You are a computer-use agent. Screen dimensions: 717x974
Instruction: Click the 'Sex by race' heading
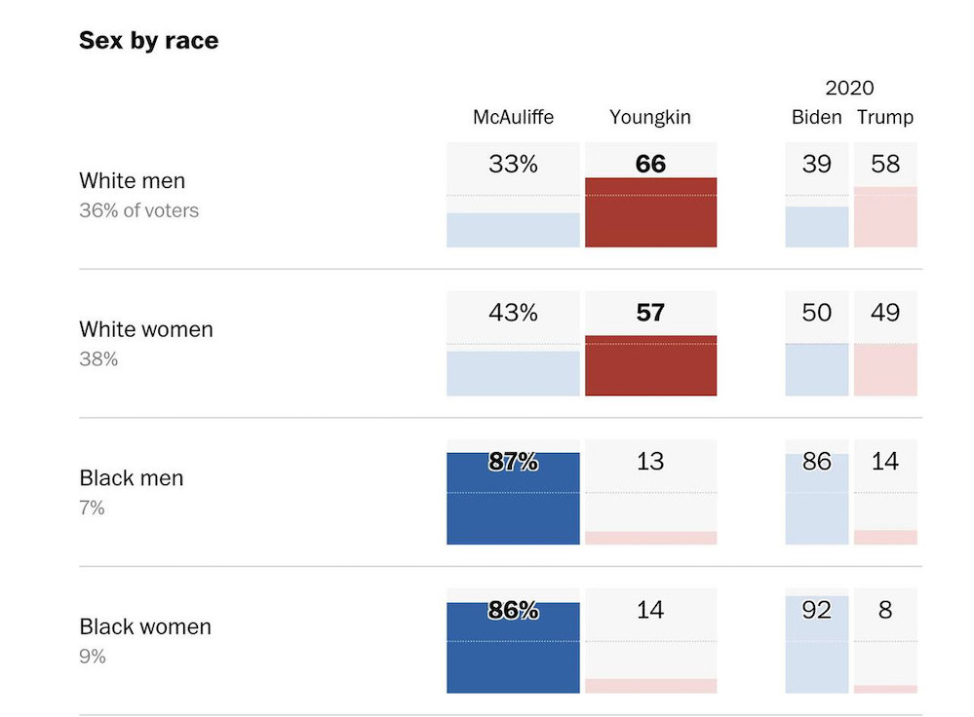point(148,41)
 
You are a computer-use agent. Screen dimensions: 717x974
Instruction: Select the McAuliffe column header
point(513,117)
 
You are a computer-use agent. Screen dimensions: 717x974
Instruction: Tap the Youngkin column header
point(650,117)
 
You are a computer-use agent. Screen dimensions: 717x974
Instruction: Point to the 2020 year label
point(850,89)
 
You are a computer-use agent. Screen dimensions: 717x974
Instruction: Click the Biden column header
point(817,117)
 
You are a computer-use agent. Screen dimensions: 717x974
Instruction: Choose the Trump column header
point(885,117)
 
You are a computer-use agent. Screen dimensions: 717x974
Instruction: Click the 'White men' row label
point(132,181)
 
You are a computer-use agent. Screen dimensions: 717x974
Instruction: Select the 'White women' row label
point(145,329)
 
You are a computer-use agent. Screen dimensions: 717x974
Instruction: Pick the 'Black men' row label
point(131,478)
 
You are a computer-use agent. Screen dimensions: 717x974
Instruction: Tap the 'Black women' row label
point(144,626)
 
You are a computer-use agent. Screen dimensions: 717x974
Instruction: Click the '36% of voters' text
point(138,210)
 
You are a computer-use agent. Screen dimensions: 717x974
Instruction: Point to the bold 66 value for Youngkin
point(650,164)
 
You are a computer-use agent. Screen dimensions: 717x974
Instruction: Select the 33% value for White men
point(513,164)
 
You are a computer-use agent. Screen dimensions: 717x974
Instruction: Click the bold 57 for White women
point(650,313)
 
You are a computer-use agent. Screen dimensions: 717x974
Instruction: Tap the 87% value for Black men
point(513,462)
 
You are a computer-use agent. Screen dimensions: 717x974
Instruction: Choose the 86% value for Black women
point(513,611)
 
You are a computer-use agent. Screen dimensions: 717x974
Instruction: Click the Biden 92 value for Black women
point(817,611)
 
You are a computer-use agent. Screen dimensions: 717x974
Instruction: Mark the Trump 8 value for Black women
point(885,611)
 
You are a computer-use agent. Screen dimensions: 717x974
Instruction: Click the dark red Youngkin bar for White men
point(650,214)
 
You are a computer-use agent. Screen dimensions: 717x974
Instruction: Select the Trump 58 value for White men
point(885,164)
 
